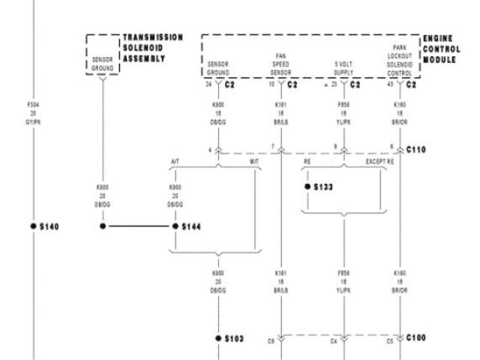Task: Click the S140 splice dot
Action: (33, 226)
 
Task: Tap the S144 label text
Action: (193, 226)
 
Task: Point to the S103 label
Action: (235, 338)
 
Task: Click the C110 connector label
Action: (416, 149)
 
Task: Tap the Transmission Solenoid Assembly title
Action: (152, 48)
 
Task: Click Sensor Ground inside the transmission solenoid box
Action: (102, 63)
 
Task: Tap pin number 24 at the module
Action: (208, 84)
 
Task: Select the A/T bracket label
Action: (175, 161)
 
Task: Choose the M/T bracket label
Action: (254, 161)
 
